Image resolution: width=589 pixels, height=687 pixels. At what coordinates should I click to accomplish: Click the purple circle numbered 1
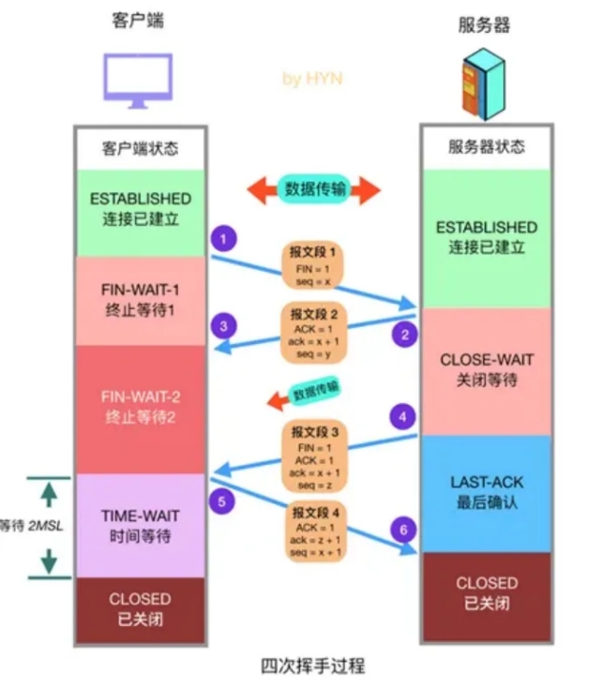222,239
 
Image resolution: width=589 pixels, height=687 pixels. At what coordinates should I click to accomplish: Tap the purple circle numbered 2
404,333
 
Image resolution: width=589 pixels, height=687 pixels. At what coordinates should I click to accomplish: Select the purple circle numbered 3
222,326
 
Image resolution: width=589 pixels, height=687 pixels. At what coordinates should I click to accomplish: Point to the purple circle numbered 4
404,414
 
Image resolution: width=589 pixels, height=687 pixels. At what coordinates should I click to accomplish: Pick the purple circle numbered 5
222,501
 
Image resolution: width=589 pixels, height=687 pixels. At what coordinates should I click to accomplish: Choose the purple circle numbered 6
404,530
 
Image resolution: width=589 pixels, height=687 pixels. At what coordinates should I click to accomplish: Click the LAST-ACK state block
487,492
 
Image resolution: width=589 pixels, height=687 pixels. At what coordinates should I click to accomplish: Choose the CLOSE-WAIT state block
487,370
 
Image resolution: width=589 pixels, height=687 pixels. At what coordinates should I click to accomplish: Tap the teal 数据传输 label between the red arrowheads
314,188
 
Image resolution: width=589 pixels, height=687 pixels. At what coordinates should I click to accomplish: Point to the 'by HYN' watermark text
312,79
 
